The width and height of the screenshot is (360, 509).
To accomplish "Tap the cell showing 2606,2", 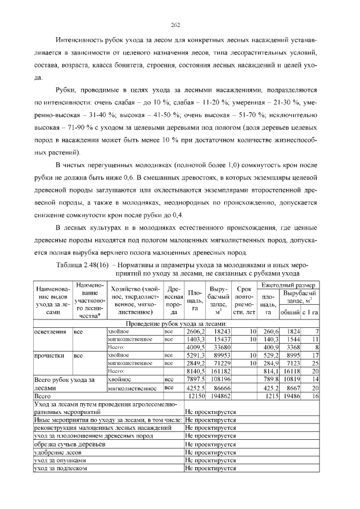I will point(193,331).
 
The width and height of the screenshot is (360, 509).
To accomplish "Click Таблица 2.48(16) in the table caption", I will point(82,264).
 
